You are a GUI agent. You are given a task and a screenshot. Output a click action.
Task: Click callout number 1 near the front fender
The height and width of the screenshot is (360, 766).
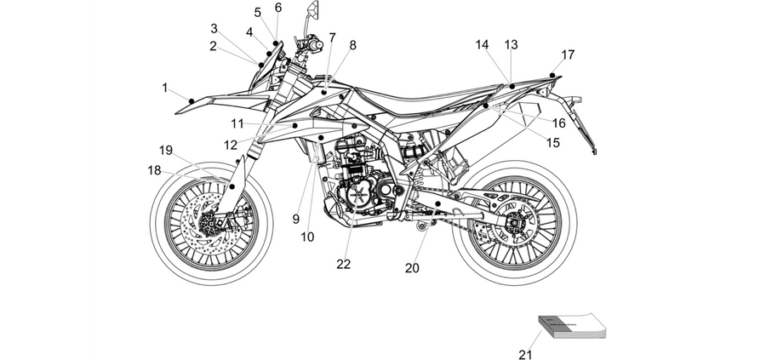point(165,88)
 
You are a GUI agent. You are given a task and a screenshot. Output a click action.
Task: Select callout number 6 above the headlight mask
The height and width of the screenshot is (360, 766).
point(278,8)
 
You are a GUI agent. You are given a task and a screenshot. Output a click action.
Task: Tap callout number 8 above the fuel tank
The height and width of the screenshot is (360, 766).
point(352,45)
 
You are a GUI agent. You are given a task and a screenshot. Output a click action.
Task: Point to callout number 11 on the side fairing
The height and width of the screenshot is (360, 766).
point(237,124)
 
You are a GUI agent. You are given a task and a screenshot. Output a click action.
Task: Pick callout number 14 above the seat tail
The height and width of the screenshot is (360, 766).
point(483,45)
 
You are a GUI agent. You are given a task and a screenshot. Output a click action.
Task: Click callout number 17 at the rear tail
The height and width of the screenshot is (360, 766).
point(569,54)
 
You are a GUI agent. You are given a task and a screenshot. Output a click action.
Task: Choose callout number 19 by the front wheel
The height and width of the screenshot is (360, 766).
point(166,151)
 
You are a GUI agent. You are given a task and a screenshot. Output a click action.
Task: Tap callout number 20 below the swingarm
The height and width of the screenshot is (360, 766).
point(412,268)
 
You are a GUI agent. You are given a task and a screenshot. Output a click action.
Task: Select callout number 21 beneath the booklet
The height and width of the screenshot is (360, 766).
point(525,355)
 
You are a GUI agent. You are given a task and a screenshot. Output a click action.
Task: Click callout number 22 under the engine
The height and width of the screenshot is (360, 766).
point(344,265)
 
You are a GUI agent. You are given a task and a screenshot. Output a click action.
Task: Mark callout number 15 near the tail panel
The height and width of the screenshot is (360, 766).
point(553,143)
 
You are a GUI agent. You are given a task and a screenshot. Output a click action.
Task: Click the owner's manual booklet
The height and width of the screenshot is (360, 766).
point(572,325)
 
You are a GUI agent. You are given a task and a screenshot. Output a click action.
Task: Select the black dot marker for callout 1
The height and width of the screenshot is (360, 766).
point(191,101)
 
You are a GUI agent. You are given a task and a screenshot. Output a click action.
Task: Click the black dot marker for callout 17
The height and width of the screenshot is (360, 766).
point(552,75)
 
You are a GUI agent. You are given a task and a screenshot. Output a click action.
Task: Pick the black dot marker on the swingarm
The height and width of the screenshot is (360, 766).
point(438,203)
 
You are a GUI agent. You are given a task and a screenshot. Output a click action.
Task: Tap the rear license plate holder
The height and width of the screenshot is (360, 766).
point(584,124)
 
